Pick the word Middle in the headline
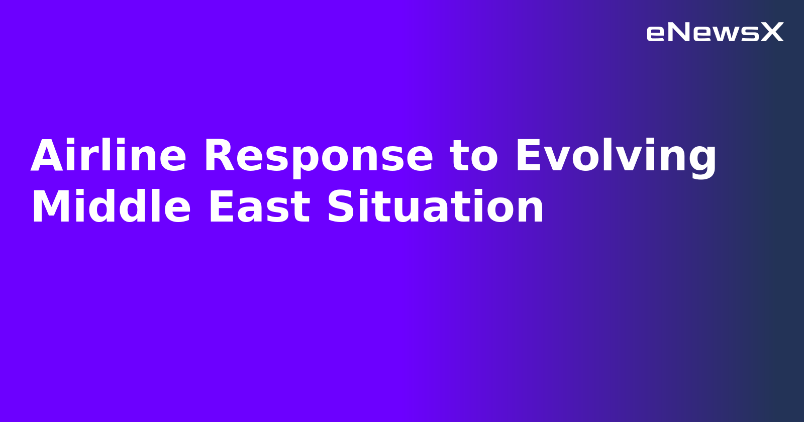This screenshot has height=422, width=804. pyautogui.click(x=111, y=207)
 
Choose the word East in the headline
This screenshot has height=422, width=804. pyautogui.click(x=259, y=207)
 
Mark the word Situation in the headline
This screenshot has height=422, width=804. pyautogui.click(x=436, y=207)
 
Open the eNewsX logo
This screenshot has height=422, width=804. pyautogui.click(x=715, y=33)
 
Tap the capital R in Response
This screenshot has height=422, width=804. pyautogui.click(x=220, y=156)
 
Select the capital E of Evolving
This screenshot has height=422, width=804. pyautogui.click(x=529, y=156)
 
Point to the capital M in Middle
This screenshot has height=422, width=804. pyautogui.click(x=51, y=207)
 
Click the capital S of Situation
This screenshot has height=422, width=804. pyautogui.click(x=341, y=207)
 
